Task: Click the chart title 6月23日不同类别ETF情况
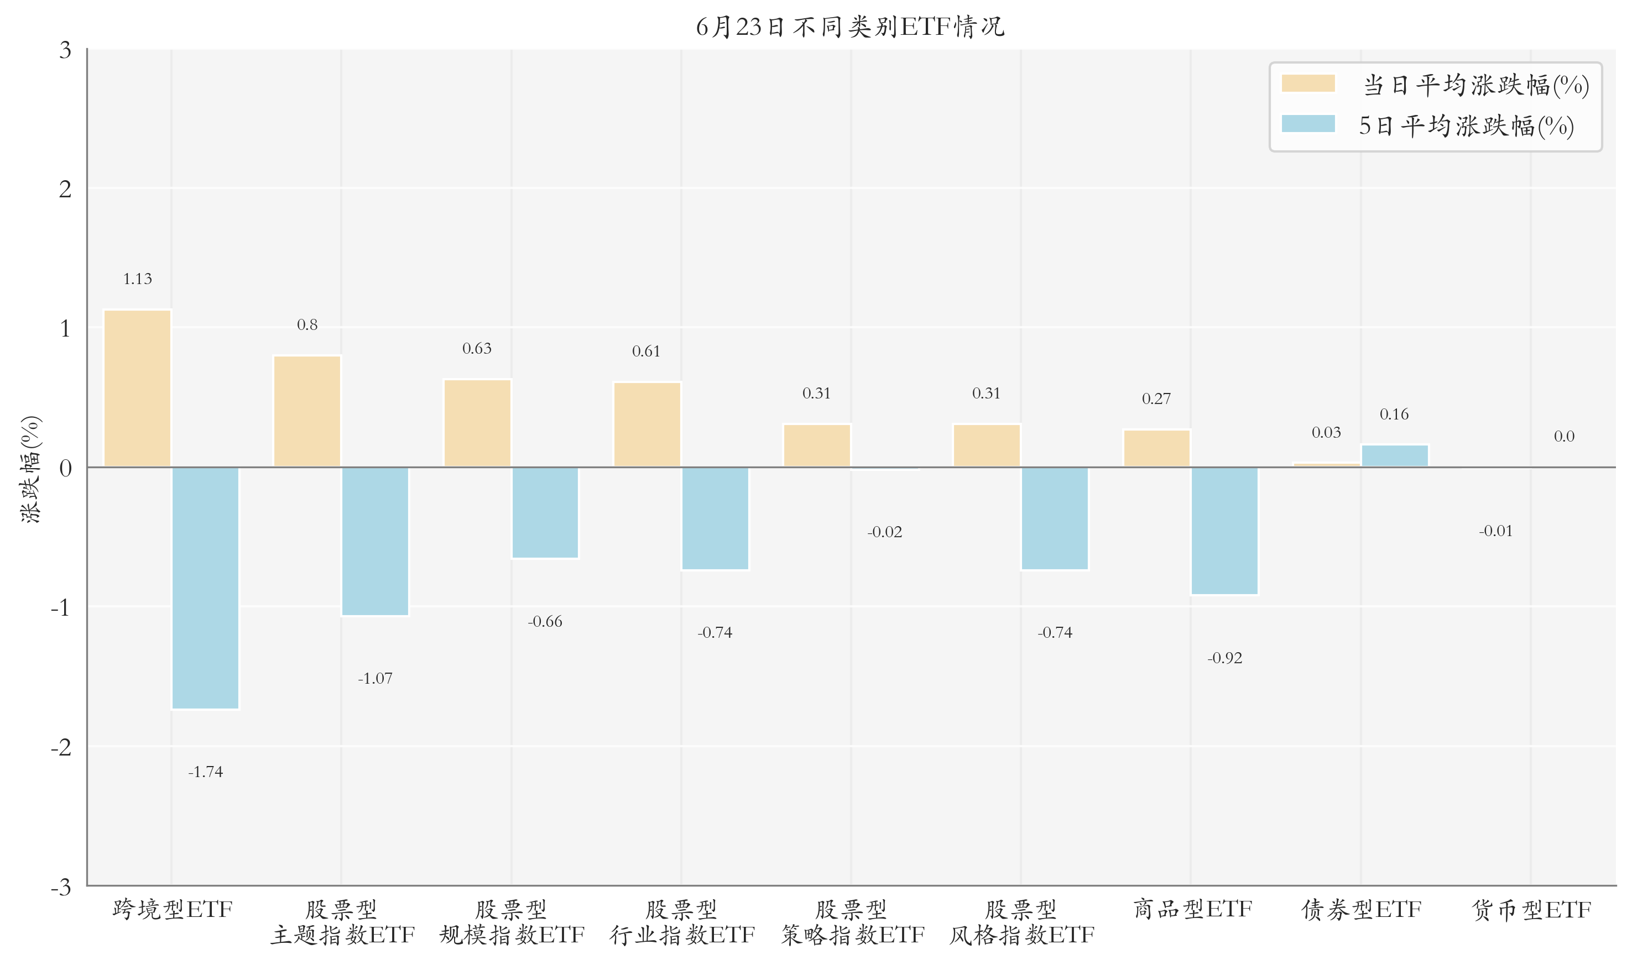(850, 27)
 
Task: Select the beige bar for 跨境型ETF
(137, 388)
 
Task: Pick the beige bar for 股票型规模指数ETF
(477, 423)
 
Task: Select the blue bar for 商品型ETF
(1224, 531)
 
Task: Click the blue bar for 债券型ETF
(1395, 456)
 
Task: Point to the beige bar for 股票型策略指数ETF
(817, 445)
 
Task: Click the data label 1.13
(137, 279)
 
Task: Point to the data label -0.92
(1224, 658)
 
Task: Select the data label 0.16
(1394, 414)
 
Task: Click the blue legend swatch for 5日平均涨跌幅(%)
(1308, 124)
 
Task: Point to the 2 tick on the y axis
(65, 189)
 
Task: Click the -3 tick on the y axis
(61, 887)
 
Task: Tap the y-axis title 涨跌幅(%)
(30, 469)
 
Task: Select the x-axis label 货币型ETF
(1531, 909)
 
